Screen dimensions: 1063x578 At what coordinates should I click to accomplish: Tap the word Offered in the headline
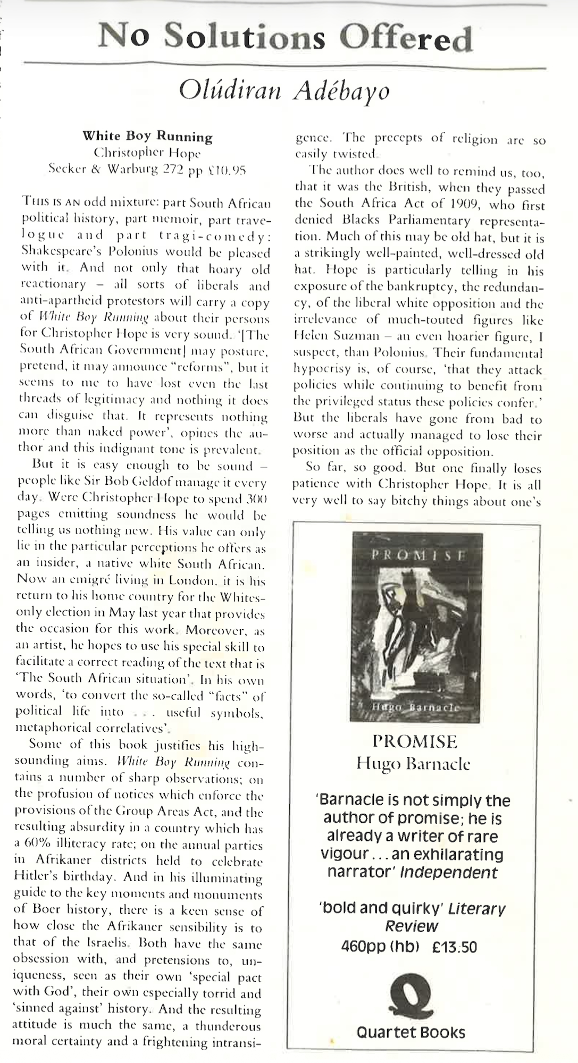(406, 38)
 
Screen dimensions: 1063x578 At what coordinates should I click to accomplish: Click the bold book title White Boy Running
(148, 137)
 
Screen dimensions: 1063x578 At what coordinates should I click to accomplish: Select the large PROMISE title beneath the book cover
(415, 741)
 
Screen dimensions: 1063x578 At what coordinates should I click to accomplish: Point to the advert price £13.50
(455, 947)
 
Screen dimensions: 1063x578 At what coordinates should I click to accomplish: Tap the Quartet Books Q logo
(411, 997)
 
